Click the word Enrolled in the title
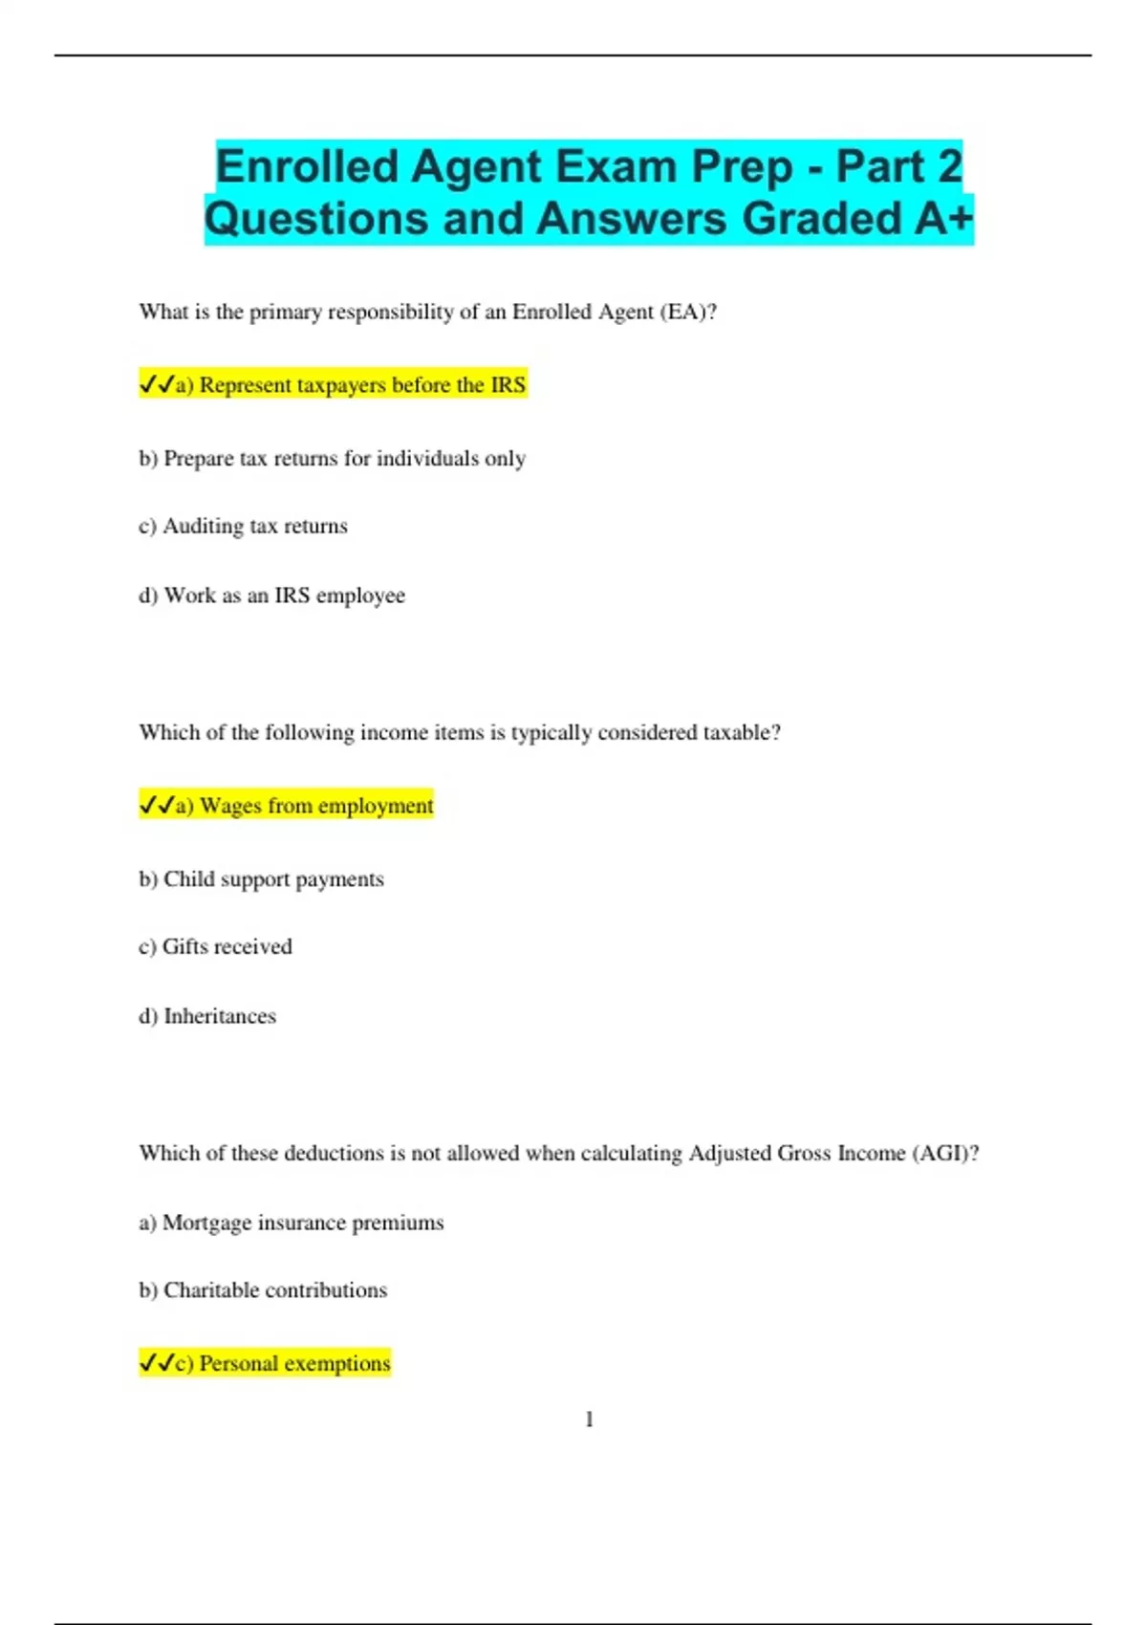click(x=306, y=166)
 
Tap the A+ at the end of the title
click(x=943, y=218)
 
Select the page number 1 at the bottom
click(x=589, y=1419)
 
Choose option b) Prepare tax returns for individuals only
click(x=333, y=459)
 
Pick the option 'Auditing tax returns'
click(x=244, y=527)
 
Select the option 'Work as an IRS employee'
click(x=272, y=596)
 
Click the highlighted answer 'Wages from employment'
click(x=305, y=806)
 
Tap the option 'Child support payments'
click(x=262, y=879)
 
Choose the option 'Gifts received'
click(x=216, y=947)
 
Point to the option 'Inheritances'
click(x=207, y=1016)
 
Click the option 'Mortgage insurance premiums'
click(x=292, y=1223)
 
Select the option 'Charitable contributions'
click(x=263, y=1290)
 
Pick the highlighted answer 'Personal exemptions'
click(x=283, y=1363)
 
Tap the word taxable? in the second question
click(x=742, y=732)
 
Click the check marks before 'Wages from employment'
click(x=156, y=806)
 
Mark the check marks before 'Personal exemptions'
click(x=156, y=1363)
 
